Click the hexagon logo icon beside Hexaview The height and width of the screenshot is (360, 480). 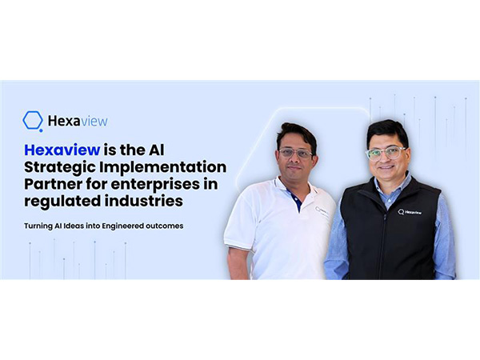[x=33, y=121]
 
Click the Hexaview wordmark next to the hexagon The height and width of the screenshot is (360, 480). [x=78, y=121]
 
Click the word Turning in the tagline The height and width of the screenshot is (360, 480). [x=38, y=226]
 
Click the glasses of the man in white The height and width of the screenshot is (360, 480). [x=297, y=153]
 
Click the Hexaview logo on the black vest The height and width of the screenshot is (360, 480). [x=410, y=212]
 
